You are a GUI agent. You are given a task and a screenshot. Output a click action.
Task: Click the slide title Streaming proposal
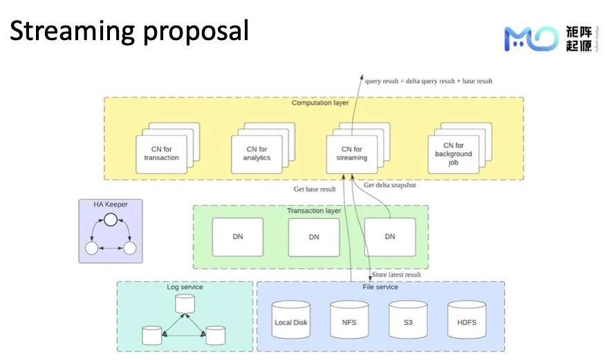129,30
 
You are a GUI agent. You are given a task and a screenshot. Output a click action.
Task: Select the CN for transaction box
161,153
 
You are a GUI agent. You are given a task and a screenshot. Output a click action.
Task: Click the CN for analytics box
257,153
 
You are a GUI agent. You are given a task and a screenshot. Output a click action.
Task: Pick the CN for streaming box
352,153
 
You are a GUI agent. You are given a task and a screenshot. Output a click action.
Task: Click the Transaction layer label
314,211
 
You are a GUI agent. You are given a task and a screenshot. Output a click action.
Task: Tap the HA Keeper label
111,204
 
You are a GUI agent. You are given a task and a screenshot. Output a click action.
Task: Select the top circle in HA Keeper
110,220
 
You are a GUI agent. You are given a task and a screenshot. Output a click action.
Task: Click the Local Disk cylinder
291,321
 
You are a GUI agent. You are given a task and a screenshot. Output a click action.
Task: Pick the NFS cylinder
348,321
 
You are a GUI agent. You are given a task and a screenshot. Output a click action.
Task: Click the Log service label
185,287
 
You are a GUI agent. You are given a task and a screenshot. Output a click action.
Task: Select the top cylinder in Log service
185,303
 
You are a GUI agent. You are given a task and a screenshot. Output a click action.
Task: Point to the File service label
380,287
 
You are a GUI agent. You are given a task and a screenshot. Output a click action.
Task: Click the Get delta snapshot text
389,184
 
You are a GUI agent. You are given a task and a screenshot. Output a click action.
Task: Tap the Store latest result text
397,275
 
